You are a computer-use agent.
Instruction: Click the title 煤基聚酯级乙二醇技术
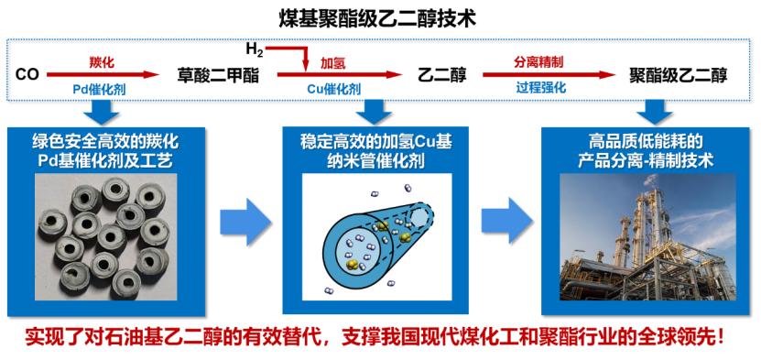(x=377, y=19)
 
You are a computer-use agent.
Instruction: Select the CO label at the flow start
(x=27, y=75)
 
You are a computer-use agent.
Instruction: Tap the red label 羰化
(x=103, y=62)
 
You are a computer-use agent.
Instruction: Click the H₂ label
(x=255, y=49)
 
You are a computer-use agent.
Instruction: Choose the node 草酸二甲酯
(x=218, y=76)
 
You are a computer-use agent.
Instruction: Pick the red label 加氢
(x=333, y=62)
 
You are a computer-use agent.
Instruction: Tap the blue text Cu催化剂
(x=334, y=89)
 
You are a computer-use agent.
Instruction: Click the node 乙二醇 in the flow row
(x=442, y=76)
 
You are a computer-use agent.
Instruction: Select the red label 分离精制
(x=539, y=62)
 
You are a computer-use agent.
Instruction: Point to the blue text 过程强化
(x=540, y=89)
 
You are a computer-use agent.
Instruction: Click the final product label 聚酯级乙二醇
(x=679, y=76)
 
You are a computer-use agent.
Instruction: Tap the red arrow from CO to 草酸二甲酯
(x=103, y=75)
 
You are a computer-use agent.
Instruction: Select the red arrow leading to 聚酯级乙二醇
(x=549, y=75)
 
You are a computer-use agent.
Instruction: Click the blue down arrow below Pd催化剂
(x=101, y=112)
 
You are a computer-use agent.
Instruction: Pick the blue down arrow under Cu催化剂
(x=374, y=112)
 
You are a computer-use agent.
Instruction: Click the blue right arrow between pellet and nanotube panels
(x=245, y=222)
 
